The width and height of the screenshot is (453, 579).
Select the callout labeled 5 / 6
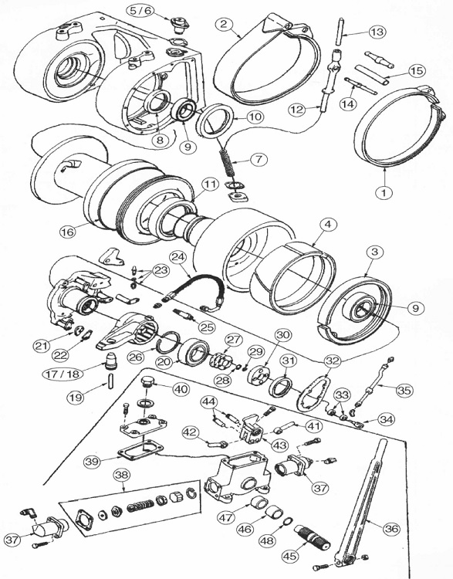click(142, 11)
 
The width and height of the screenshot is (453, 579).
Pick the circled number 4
click(327, 224)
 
